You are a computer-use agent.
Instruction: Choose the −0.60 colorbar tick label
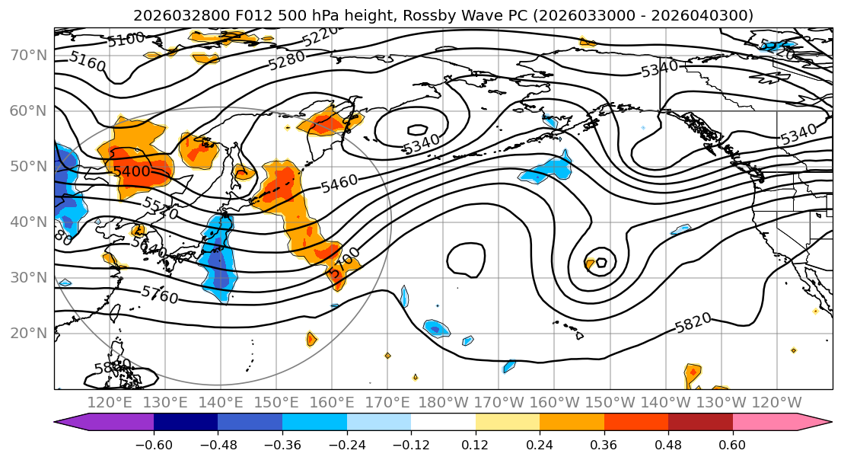tap(154, 442)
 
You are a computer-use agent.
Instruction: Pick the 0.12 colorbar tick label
tap(475, 442)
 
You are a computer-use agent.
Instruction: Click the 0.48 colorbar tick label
tap(668, 442)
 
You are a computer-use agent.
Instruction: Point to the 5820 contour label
tap(693, 322)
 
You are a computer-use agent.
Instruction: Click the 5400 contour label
tap(132, 171)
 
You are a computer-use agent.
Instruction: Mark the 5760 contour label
tap(160, 294)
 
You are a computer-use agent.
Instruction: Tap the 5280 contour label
tap(287, 61)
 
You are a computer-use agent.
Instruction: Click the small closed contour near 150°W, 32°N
tap(602, 262)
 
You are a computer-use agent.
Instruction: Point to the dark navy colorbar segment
tap(186, 423)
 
